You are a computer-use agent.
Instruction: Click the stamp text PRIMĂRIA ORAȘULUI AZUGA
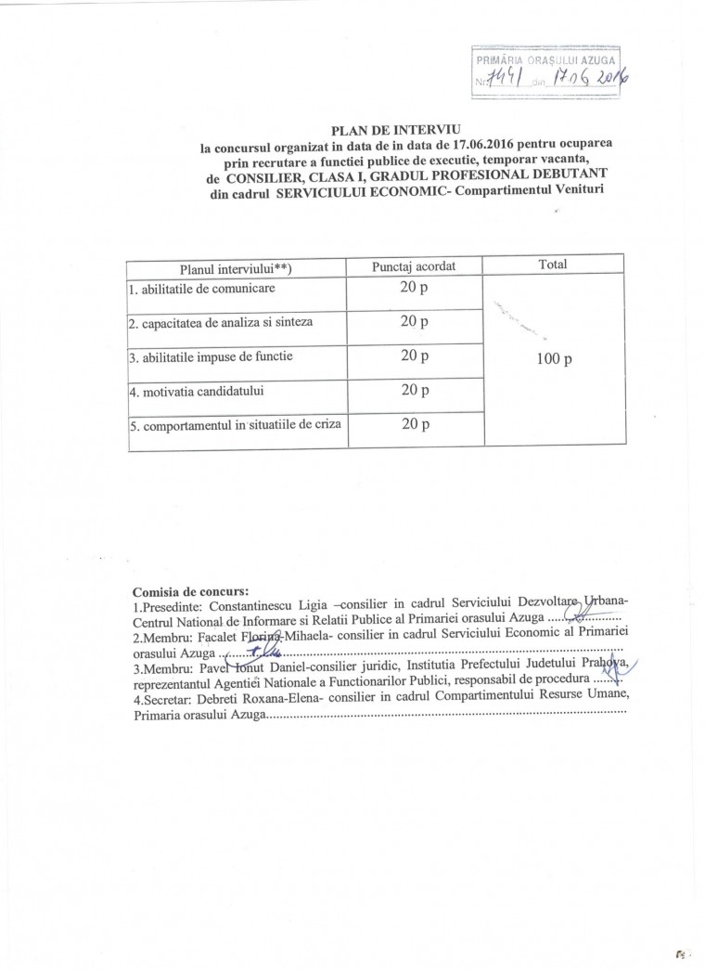(x=545, y=61)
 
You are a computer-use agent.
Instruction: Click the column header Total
(x=552, y=265)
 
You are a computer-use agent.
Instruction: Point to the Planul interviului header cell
(x=236, y=267)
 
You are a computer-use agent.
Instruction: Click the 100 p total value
(x=554, y=358)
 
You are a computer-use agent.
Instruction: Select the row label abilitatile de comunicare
(x=202, y=289)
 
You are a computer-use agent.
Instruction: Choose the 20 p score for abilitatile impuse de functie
(x=414, y=356)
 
